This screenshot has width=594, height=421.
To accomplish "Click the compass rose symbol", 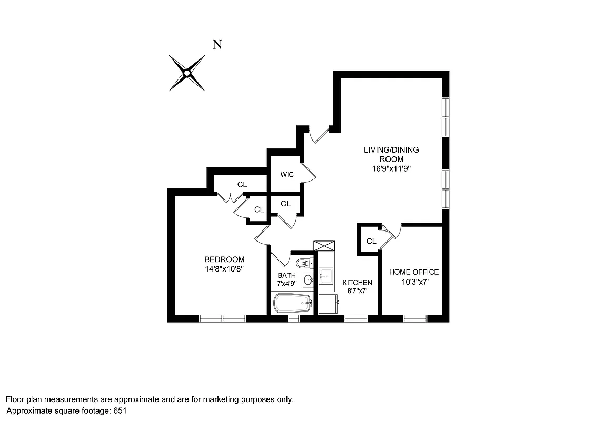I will coord(186,73).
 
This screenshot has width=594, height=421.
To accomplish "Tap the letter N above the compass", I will coord(216,45).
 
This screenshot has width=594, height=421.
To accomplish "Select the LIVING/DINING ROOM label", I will coord(391,154).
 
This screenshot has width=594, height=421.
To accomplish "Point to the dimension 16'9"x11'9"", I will coord(391,169).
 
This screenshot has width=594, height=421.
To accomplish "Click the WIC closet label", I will coord(287,174).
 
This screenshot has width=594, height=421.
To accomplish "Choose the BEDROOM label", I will coord(224,259).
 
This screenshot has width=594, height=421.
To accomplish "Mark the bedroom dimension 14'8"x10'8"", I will coord(224,268).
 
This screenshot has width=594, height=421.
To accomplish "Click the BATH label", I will coord(286,275).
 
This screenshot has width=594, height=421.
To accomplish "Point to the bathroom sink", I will coord(308,279).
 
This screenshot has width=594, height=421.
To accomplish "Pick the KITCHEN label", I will coord(357,283).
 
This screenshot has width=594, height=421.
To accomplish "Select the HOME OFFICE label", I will coord(414,272).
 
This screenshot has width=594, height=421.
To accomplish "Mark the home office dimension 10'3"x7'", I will coord(414,282).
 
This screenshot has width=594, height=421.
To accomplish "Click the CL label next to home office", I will coord(371,241).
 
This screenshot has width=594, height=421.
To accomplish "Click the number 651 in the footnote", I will coord(120,410).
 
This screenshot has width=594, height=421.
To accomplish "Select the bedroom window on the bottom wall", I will coord(222,318).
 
